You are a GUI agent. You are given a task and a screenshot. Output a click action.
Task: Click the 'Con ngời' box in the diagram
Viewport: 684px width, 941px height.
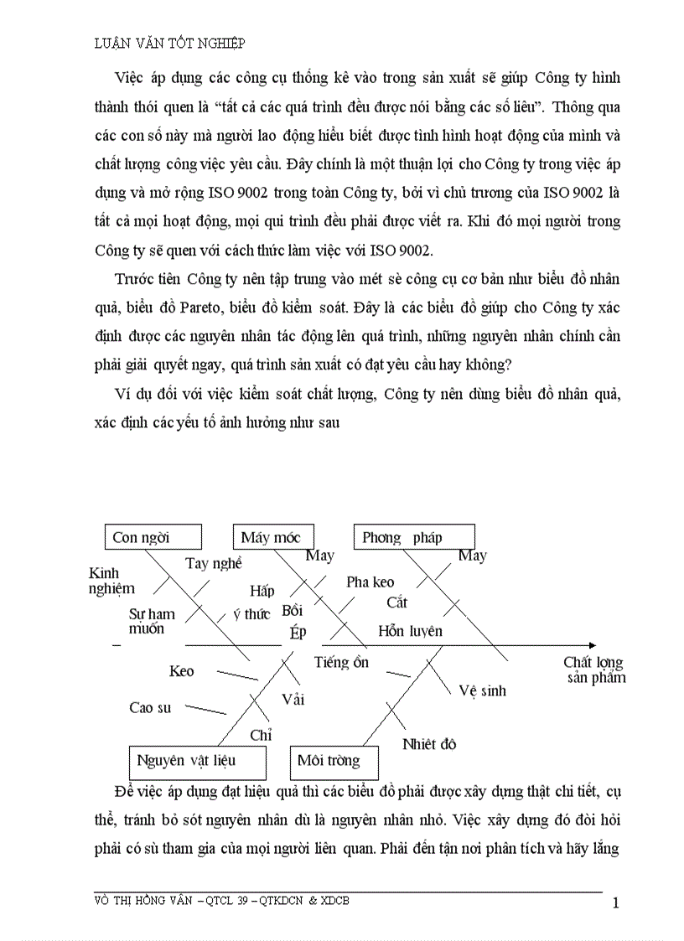click(154, 537)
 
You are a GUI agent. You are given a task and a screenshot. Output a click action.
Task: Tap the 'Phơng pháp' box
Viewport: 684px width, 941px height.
click(415, 537)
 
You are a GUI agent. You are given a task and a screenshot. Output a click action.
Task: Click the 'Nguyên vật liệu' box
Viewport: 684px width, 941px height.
click(197, 760)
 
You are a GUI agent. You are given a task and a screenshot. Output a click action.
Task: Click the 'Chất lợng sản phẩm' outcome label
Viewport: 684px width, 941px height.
click(593, 670)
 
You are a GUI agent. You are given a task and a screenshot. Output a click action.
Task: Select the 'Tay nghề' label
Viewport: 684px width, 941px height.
click(214, 563)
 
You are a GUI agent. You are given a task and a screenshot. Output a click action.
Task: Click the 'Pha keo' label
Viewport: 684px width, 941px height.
click(370, 582)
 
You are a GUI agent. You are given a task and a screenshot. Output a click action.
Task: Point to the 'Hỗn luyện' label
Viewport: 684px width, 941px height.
click(410, 631)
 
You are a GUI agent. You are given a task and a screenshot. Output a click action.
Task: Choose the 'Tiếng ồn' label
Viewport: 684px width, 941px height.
click(341, 662)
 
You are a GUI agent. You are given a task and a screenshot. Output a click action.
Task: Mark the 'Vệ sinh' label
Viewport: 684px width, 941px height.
click(482, 691)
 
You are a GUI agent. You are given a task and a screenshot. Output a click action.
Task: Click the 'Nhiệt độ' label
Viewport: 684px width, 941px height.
click(429, 743)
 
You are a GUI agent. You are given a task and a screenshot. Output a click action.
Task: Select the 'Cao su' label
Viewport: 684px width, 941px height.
click(150, 707)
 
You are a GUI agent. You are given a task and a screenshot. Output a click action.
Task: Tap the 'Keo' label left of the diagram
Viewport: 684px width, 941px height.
click(181, 670)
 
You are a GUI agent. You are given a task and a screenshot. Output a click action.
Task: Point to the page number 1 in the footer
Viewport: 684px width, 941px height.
click(616, 902)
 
